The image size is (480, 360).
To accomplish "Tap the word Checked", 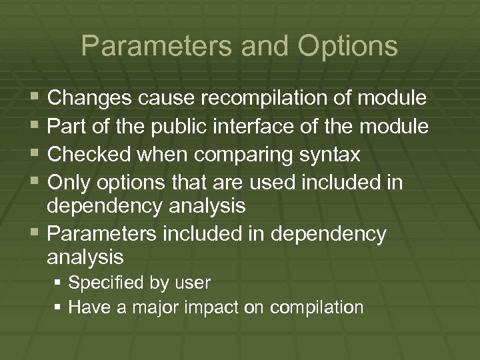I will [x=89, y=155].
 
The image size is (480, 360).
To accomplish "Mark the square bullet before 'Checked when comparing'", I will [x=34, y=155].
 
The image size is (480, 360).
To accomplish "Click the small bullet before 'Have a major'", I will [x=58, y=307].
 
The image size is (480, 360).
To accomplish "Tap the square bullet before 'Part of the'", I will [x=34, y=127].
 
